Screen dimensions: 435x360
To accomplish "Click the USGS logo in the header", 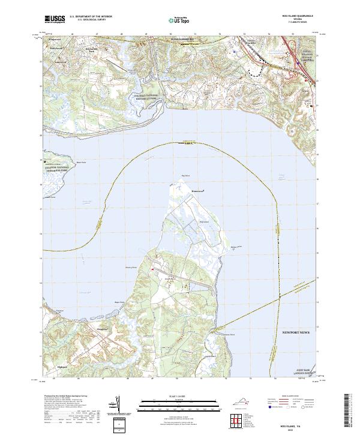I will (x=55, y=19).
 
